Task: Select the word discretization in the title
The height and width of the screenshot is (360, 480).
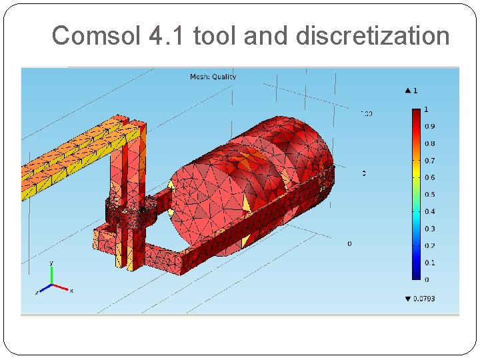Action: click(x=373, y=35)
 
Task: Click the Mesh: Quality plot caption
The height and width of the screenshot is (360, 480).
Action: click(x=213, y=77)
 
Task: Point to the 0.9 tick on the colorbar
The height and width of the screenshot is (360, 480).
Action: click(x=430, y=127)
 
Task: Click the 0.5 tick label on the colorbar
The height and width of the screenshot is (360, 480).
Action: click(x=430, y=195)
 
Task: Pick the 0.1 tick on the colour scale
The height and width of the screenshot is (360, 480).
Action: click(x=430, y=263)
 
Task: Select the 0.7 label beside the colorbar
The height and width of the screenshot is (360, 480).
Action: click(x=430, y=161)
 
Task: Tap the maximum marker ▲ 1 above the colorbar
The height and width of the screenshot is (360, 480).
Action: click(x=411, y=90)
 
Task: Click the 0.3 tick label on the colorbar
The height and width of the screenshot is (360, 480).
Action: click(x=430, y=229)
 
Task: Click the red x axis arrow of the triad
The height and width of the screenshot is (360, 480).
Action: click(x=64, y=289)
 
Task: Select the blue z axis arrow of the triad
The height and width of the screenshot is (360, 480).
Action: click(x=43, y=290)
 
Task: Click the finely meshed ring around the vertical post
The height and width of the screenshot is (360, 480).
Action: click(x=131, y=212)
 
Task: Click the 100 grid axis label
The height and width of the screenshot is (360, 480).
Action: click(x=366, y=113)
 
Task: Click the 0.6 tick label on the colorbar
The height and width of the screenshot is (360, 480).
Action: click(x=430, y=177)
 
